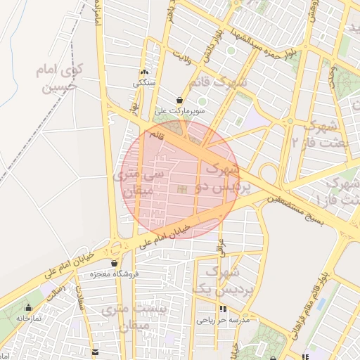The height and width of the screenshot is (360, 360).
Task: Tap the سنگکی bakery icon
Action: click(x=145, y=72)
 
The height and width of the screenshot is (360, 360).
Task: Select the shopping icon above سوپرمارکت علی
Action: click(x=181, y=101)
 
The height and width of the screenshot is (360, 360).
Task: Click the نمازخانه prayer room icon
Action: click(x=28, y=308)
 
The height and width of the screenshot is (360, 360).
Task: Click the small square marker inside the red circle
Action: click(x=183, y=189)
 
